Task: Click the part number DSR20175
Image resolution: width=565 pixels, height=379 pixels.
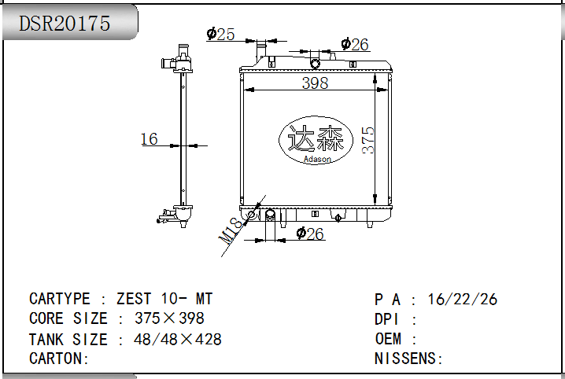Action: pos(65,24)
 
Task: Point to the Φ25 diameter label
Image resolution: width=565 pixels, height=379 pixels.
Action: pos(220,34)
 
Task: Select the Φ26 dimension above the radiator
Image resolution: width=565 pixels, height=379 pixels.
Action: pos(355,44)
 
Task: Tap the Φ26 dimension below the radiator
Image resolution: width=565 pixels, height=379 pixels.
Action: pos(310,234)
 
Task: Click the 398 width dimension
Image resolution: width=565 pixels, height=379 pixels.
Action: pos(315,83)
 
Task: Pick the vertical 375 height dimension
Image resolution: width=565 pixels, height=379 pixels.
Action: pos(368,141)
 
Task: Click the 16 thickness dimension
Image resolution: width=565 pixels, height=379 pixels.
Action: pos(150,139)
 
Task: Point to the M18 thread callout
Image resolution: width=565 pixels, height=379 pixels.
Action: pos(230,230)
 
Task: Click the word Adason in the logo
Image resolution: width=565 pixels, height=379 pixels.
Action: pos(317,159)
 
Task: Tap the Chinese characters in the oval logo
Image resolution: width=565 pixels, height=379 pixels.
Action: pos(316,138)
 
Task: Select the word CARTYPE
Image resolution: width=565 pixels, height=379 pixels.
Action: pos(60,299)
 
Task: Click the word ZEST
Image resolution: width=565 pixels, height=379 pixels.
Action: pos(134,299)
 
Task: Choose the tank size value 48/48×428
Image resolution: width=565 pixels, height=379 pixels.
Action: pos(178,339)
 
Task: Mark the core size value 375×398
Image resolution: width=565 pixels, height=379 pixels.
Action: pos(169,318)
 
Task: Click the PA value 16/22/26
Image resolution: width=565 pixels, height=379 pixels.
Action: pos(462,299)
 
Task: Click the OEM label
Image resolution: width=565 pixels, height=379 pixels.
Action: pos(388,339)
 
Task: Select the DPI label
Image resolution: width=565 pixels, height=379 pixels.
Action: pos(386,319)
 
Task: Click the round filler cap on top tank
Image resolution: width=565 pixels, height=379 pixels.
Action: pos(315,64)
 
